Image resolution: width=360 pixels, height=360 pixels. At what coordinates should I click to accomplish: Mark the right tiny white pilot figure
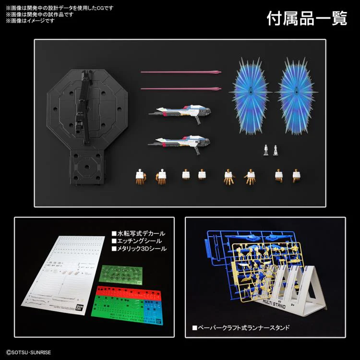point(276,150)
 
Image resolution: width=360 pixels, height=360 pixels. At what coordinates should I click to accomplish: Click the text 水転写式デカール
point(139,232)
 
